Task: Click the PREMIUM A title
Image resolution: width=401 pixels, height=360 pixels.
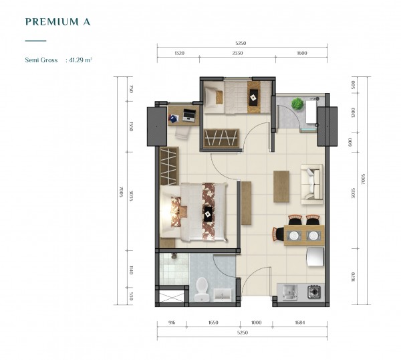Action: tap(57, 22)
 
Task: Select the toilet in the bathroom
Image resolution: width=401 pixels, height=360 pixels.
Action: tap(202, 289)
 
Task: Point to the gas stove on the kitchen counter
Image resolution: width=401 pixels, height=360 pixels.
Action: tap(314, 291)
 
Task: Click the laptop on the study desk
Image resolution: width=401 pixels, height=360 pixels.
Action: tap(189, 115)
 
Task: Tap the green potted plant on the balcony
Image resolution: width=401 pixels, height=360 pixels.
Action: tap(297, 104)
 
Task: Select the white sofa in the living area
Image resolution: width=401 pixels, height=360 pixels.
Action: tap(312, 184)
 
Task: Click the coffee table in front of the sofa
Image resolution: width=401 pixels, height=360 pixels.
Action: tap(281, 187)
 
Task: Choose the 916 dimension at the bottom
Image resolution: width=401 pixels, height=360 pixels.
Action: tap(172, 323)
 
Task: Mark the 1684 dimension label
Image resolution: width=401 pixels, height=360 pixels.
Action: tap(299, 323)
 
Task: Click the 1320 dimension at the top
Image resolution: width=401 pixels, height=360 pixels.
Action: tap(179, 54)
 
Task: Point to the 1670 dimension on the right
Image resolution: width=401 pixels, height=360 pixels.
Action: tap(353, 277)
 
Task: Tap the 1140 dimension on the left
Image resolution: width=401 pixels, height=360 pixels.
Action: tap(131, 270)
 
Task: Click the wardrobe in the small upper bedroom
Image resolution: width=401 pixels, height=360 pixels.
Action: tap(221, 138)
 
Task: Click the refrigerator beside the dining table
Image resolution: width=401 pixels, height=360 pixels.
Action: tap(315, 257)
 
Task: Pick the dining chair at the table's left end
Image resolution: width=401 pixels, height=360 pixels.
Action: tap(278, 234)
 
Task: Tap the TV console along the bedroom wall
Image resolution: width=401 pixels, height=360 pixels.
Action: tap(246, 203)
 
